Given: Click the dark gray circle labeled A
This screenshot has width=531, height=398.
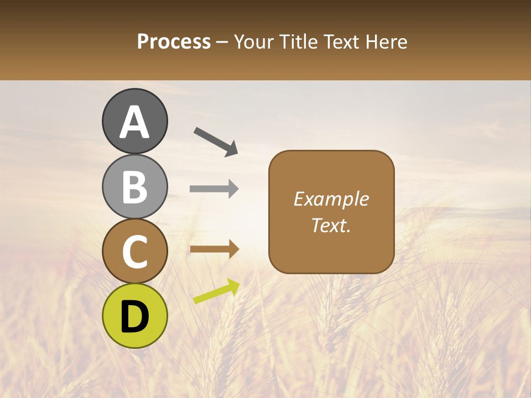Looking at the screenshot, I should click(x=134, y=121).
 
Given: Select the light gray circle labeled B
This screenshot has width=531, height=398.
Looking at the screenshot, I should click(x=134, y=186).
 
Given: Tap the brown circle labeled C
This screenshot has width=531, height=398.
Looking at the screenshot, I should click(x=134, y=251).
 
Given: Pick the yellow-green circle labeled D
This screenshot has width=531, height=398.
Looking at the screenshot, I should click(x=134, y=316).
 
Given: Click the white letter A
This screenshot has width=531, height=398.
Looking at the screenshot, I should click(x=134, y=122).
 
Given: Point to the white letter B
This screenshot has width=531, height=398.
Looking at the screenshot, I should click(x=134, y=187).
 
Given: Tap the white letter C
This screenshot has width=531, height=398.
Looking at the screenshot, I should click(x=134, y=252).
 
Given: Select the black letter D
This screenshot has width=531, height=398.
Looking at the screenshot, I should click(x=134, y=317).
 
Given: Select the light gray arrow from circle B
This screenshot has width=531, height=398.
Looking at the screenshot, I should click(x=214, y=188).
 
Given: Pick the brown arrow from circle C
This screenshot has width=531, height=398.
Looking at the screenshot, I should click(x=214, y=249).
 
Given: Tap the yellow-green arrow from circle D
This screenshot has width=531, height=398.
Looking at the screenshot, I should click(x=216, y=291).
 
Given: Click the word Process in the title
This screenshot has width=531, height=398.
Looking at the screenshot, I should click(x=174, y=42).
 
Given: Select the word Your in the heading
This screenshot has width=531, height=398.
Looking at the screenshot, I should click(x=253, y=42).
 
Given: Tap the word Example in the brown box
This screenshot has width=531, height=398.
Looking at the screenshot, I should click(x=331, y=199).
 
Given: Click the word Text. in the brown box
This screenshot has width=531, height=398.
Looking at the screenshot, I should click(x=331, y=225).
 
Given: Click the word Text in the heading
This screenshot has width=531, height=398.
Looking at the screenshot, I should click(x=339, y=42).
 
